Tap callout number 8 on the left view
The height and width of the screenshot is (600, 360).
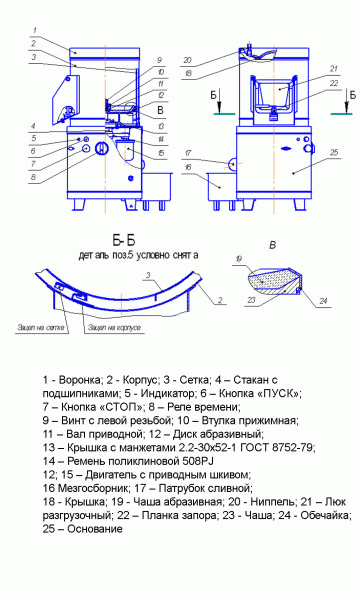33,177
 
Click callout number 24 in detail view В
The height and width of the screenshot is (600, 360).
326,299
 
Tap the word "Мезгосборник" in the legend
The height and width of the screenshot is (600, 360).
85,473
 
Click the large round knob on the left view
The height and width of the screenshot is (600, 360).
101,149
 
